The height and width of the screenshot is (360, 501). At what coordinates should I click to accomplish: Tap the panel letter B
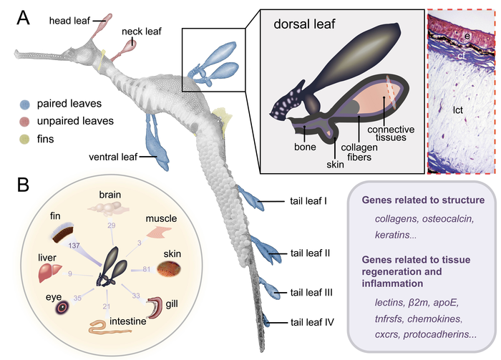[24, 185]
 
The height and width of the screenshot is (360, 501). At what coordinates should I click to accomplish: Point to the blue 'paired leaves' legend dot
[24, 103]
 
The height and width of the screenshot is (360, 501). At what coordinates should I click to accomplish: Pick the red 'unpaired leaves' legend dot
[24, 120]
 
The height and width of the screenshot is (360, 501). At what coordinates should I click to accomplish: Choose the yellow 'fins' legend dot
[24, 137]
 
